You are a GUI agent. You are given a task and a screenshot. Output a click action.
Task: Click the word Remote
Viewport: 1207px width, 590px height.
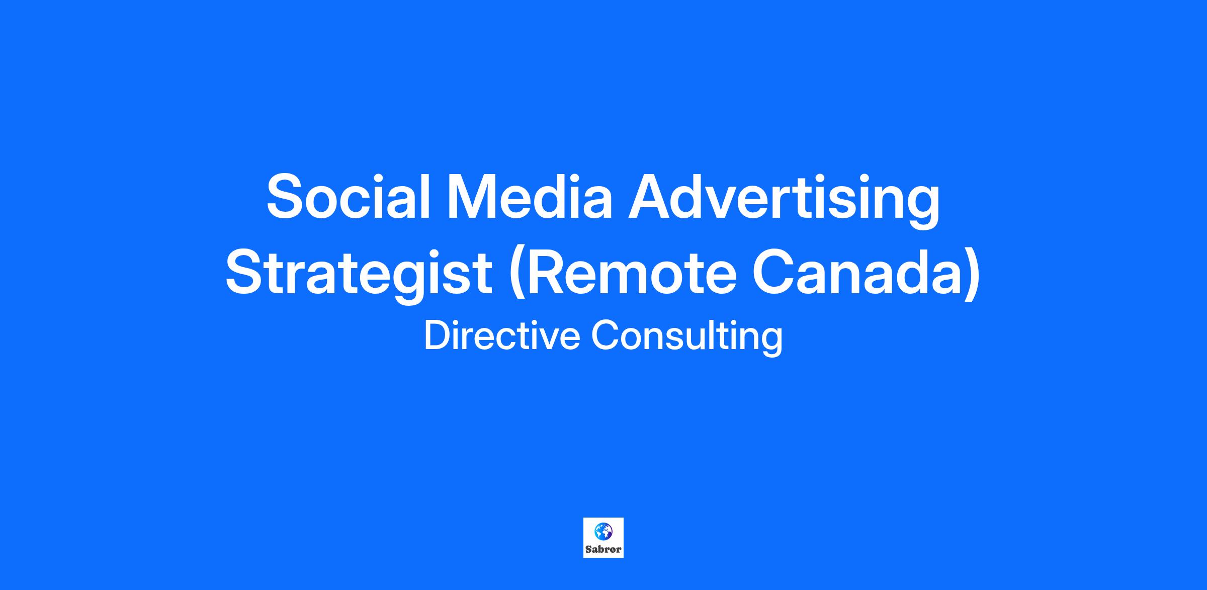pos(624,273)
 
